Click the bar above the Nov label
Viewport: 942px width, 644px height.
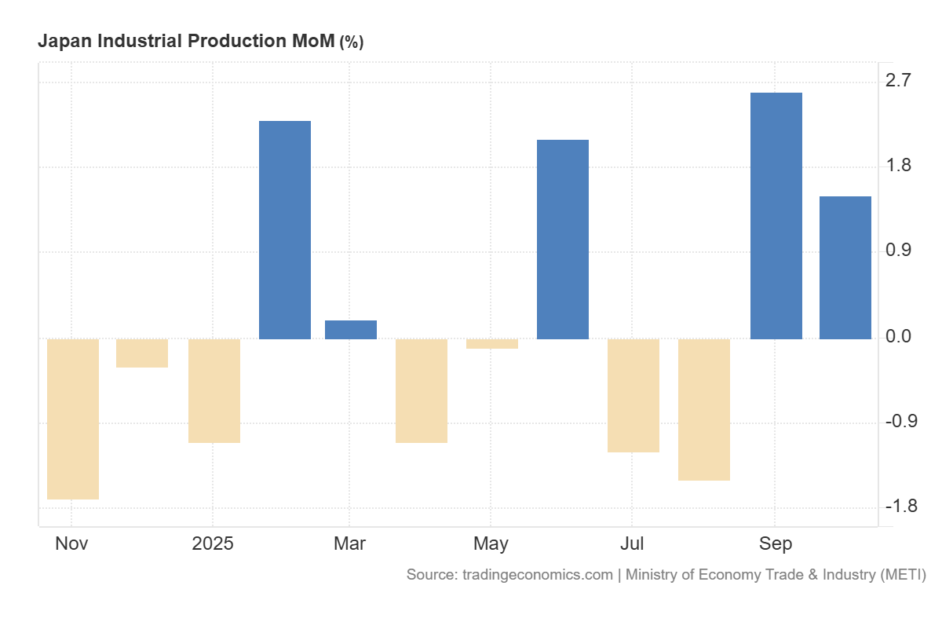(73, 419)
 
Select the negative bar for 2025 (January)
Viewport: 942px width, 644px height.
(214, 390)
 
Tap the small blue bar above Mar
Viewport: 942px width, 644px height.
(351, 330)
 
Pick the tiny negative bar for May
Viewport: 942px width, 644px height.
(492, 343)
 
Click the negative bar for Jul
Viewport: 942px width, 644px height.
(633, 395)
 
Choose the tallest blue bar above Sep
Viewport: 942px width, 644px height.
(776, 216)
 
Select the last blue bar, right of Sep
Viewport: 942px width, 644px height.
(845, 268)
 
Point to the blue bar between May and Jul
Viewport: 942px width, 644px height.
(563, 240)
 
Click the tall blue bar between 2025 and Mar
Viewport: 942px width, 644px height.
(285, 230)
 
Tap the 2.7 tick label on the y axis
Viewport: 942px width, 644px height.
(898, 80)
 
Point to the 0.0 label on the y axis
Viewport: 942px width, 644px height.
(898, 336)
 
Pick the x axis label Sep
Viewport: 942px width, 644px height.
(776, 543)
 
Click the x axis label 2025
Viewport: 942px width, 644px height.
(213, 543)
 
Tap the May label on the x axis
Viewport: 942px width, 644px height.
(491, 543)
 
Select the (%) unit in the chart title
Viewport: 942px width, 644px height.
(351, 42)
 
